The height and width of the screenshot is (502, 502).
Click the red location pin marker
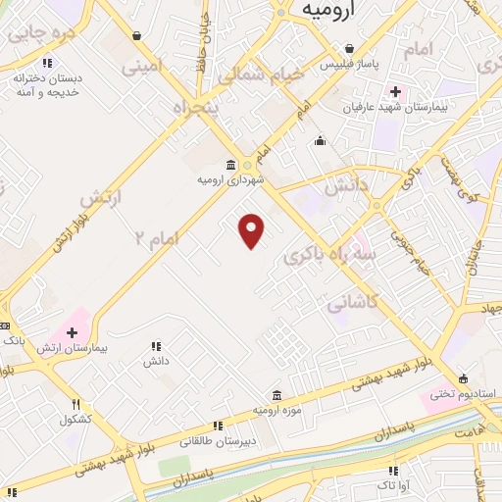(253, 231)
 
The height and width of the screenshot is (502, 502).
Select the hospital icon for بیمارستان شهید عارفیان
(394, 90)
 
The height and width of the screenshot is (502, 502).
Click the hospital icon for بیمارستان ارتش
(72, 333)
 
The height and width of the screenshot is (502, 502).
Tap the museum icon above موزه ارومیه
(276, 394)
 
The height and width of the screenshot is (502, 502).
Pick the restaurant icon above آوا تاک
(394, 471)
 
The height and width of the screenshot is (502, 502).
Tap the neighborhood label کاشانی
(349, 303)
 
